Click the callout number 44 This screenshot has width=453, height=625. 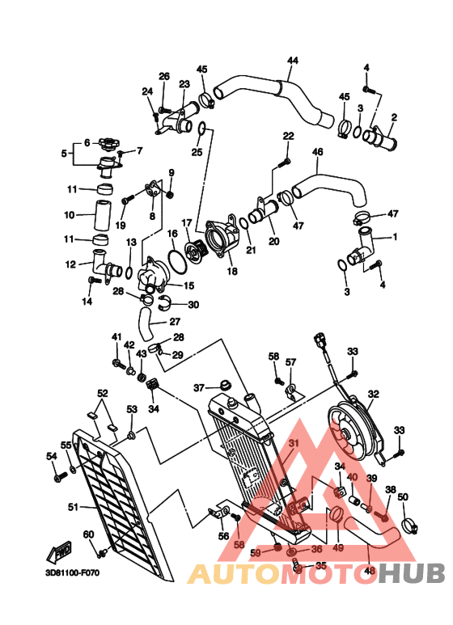click(x=293, y=61)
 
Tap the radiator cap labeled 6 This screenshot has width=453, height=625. click(x=108, y=143)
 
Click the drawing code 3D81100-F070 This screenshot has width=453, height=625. click(x=73, y=572)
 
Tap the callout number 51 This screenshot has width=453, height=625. click(x=73, y=507)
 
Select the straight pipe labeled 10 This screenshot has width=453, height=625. click(x=103, y=215)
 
